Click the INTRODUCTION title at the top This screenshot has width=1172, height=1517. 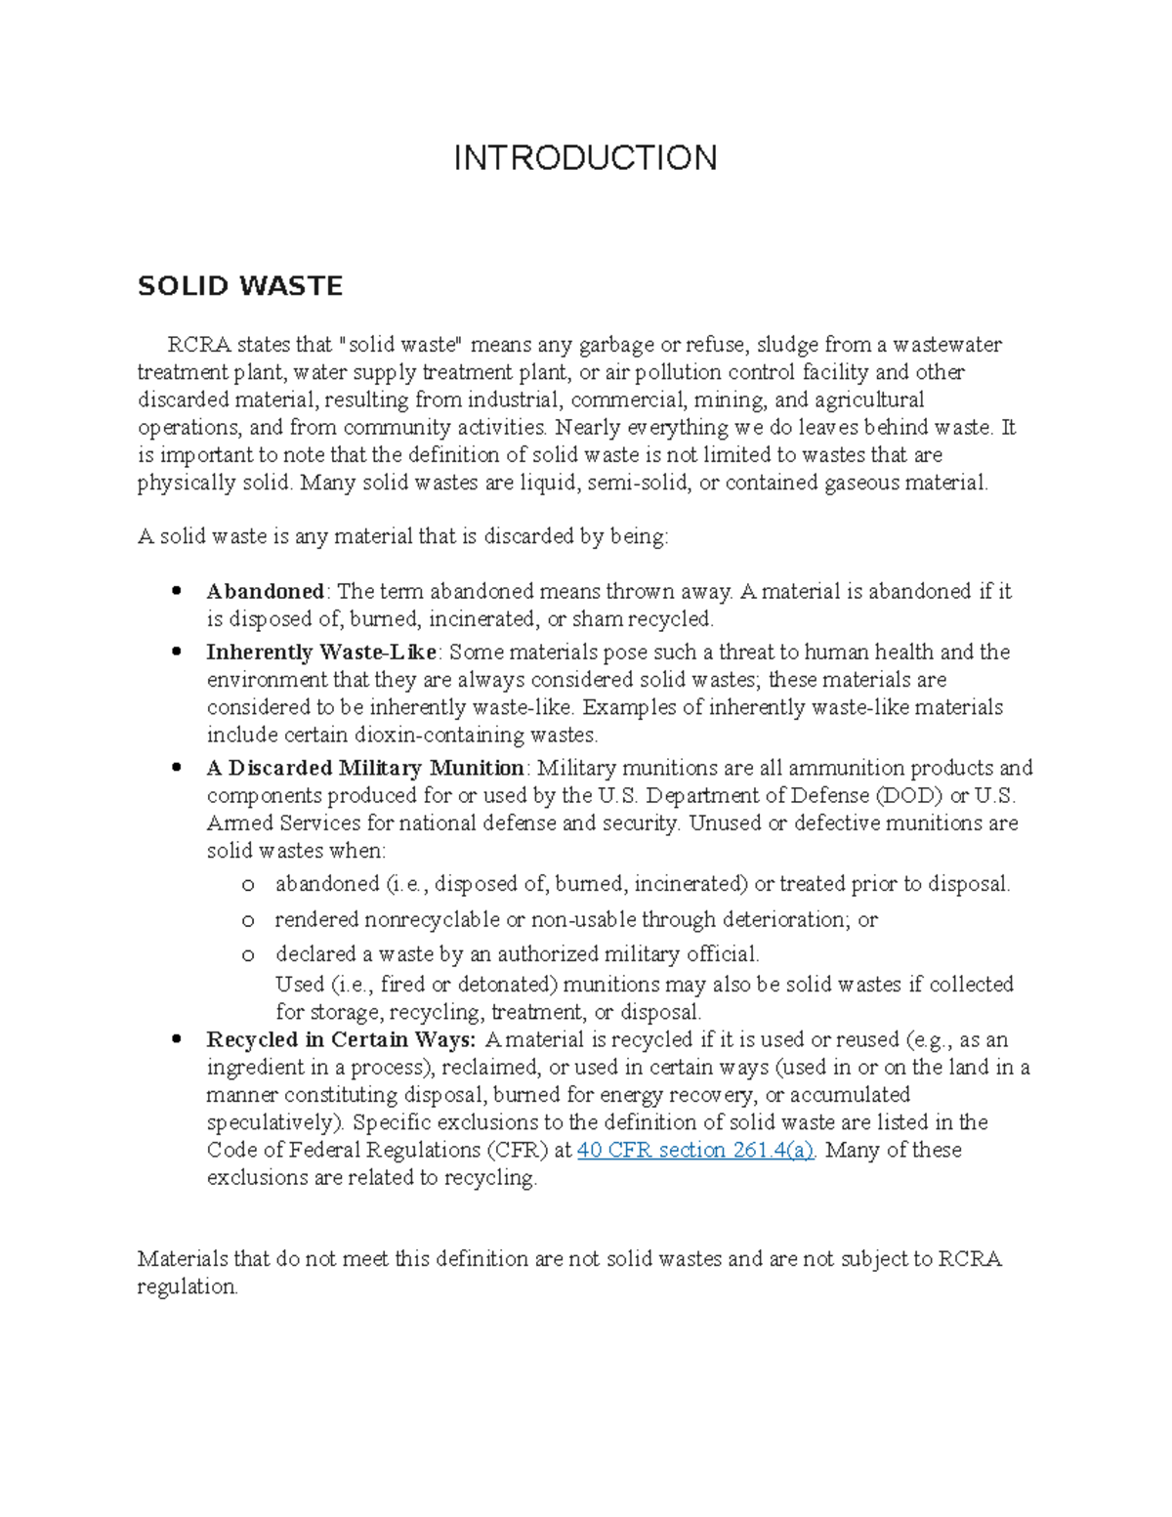(x=585, y=157)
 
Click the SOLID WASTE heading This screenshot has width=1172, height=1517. (x=240, y=286)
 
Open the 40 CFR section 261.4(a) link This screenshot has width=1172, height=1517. (x=695, y=1150)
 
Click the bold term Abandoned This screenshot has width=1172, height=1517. (x=265, y=591)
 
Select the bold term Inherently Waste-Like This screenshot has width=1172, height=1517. (x=321, y=652)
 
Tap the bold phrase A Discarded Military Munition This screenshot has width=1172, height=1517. (x=365, y=768)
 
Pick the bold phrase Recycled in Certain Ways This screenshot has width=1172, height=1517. (x=340, y=1039)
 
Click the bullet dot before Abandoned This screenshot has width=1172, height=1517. (x=177, y=591)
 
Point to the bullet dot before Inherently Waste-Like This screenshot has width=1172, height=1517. (x=177, y=652)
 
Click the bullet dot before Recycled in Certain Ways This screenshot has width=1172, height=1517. (x=177, y=1039)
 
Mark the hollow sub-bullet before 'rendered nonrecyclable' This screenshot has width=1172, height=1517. (x=248, y=920)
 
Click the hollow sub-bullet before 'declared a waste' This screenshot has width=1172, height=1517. (x=248, y=954)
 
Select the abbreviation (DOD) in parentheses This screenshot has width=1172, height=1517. (x=908, y=795)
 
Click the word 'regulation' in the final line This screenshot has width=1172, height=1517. (x=187, y=1286)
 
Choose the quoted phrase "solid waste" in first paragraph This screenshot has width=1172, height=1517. (x=402, y=345)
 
